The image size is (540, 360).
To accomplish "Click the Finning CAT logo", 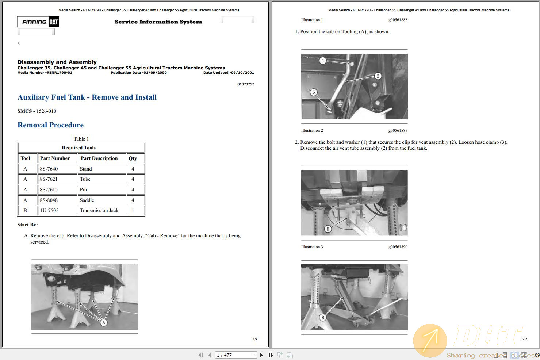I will point(38,22).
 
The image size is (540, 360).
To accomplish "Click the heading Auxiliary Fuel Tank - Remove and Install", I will point(87,97).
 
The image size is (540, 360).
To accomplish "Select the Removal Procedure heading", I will point(50,125).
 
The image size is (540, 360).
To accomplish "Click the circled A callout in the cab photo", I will point(104,322).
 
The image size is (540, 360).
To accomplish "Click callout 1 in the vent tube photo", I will point(323,61).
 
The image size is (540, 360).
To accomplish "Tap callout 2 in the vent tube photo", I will point(378,76).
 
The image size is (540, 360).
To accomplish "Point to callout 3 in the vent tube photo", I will point(313,92).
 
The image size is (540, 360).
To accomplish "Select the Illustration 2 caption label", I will point(312,130).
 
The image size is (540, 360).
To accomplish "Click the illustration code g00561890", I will point(398,247).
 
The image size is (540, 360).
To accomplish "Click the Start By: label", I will point(27,225).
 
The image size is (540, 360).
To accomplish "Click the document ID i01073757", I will point(245,84).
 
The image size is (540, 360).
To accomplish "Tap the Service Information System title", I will point(158,22).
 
